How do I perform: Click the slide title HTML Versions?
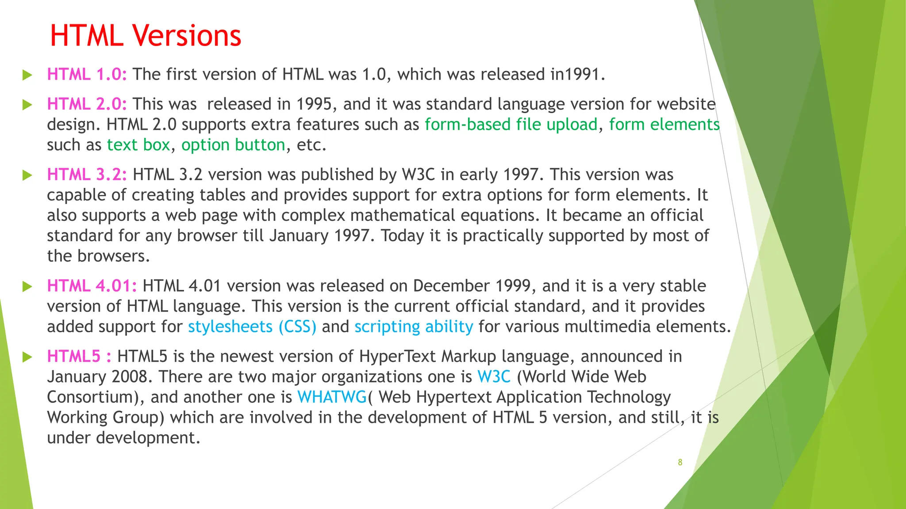click(x=146, y=35)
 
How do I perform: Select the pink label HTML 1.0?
click(x=87, y=74)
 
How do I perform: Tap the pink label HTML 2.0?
click(x=87, y=104)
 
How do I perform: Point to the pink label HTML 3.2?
click(x=87, y=175)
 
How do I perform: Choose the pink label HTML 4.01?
click(x=92, y=286)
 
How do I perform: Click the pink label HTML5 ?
click(x=79, y=356)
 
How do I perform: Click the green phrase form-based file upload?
click(x=511, y=125)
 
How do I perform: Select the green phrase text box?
click(x=138, y=145)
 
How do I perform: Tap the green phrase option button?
click(x=233, y=145)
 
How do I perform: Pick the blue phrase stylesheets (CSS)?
click(x=252, y=327)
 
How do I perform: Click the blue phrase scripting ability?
click(x=414, y=327)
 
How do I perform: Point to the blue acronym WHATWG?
click(x=332, y=397)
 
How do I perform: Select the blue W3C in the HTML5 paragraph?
click(x=494, y=376)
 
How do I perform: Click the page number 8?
click(x=680, y=462)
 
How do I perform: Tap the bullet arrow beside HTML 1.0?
click(x=27, y=75)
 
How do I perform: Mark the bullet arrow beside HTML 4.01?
click(x=27, y=286)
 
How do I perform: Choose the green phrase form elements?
click(x=664, y=125)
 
